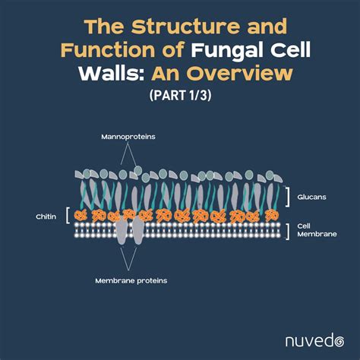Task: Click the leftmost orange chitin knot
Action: pos(80,216)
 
